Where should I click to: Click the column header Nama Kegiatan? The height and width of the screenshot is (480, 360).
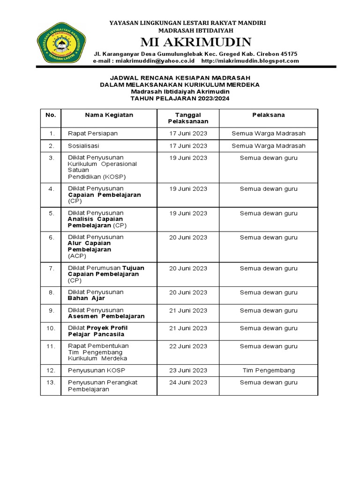109,115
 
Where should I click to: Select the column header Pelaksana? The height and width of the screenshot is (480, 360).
268,115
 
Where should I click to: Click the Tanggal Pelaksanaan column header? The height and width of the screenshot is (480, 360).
188,118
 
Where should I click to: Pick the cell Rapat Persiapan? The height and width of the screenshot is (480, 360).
93,134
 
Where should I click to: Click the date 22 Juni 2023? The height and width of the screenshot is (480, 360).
188,346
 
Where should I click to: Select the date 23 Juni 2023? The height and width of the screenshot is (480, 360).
188,370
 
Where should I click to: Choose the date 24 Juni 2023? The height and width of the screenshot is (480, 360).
188,382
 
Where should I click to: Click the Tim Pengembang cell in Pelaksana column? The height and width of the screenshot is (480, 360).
269,370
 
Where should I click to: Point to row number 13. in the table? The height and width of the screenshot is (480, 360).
51,382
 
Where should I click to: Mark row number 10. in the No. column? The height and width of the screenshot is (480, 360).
51,328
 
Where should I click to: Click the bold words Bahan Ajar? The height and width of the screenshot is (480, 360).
86,298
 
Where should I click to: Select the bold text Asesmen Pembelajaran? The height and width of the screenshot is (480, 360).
106,316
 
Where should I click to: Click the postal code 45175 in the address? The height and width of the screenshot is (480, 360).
288,54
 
